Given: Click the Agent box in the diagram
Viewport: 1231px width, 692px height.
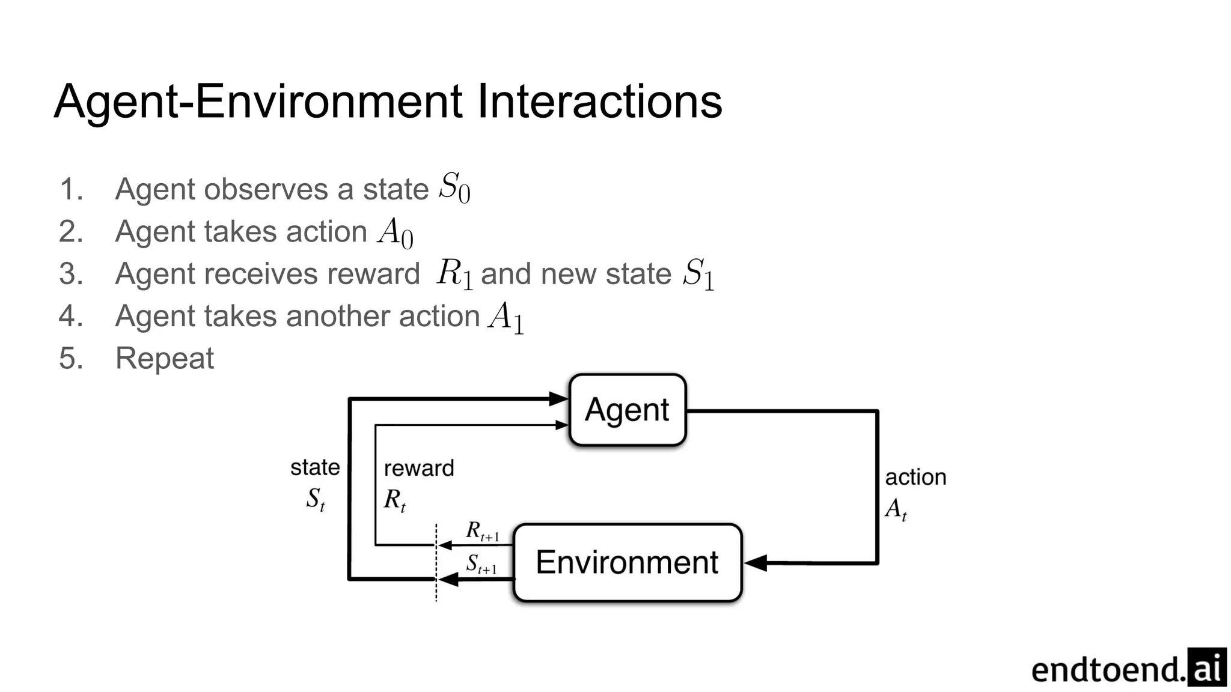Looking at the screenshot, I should pos(627,410).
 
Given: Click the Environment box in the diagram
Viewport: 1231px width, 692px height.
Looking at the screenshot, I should pos(627,563).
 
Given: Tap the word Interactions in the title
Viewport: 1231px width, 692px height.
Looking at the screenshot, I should pos(599,102).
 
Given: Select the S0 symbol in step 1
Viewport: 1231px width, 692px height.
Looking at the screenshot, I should pos(454,187).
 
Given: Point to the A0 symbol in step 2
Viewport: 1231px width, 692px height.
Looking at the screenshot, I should pos(396,232).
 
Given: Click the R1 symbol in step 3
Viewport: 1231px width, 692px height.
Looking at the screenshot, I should pos(454,275).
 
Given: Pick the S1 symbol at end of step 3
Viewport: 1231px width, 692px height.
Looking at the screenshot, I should pos(698,275).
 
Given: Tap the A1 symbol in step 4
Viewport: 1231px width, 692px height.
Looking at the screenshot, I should pos(506,317).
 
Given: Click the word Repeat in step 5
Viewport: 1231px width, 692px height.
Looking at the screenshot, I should pos(164,359).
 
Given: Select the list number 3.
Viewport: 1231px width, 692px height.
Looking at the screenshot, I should pos(70,274).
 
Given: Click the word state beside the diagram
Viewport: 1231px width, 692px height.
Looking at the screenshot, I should pos(315,467).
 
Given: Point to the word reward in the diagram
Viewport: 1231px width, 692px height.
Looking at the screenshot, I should pos(419,469).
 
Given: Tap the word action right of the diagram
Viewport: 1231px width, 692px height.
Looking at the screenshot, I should pos(915,478).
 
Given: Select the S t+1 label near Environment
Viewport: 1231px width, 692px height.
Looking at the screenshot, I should pos(481,565).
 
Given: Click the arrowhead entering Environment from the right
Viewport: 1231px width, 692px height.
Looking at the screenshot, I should pos(756,563).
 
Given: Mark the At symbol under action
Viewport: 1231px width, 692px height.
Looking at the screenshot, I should pos(896,509).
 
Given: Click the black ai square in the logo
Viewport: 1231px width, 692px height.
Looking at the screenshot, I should pos(1206,667).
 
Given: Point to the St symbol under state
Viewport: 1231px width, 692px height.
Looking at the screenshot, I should pos(316,499).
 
